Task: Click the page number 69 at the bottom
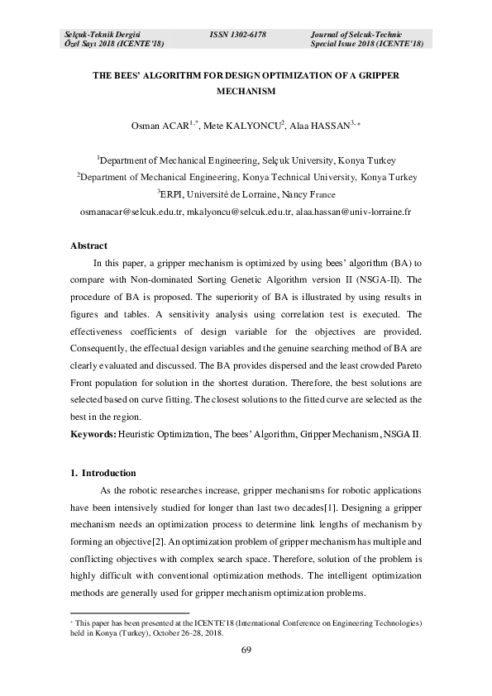tap(246, 651)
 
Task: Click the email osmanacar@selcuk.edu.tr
tap(131, 212)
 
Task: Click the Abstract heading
tap(88, 246)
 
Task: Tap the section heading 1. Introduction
tap(103, 473)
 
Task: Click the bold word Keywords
tap(93, 433)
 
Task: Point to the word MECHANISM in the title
tap(245, 93)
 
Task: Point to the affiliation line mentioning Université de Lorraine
tap(246, 194)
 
